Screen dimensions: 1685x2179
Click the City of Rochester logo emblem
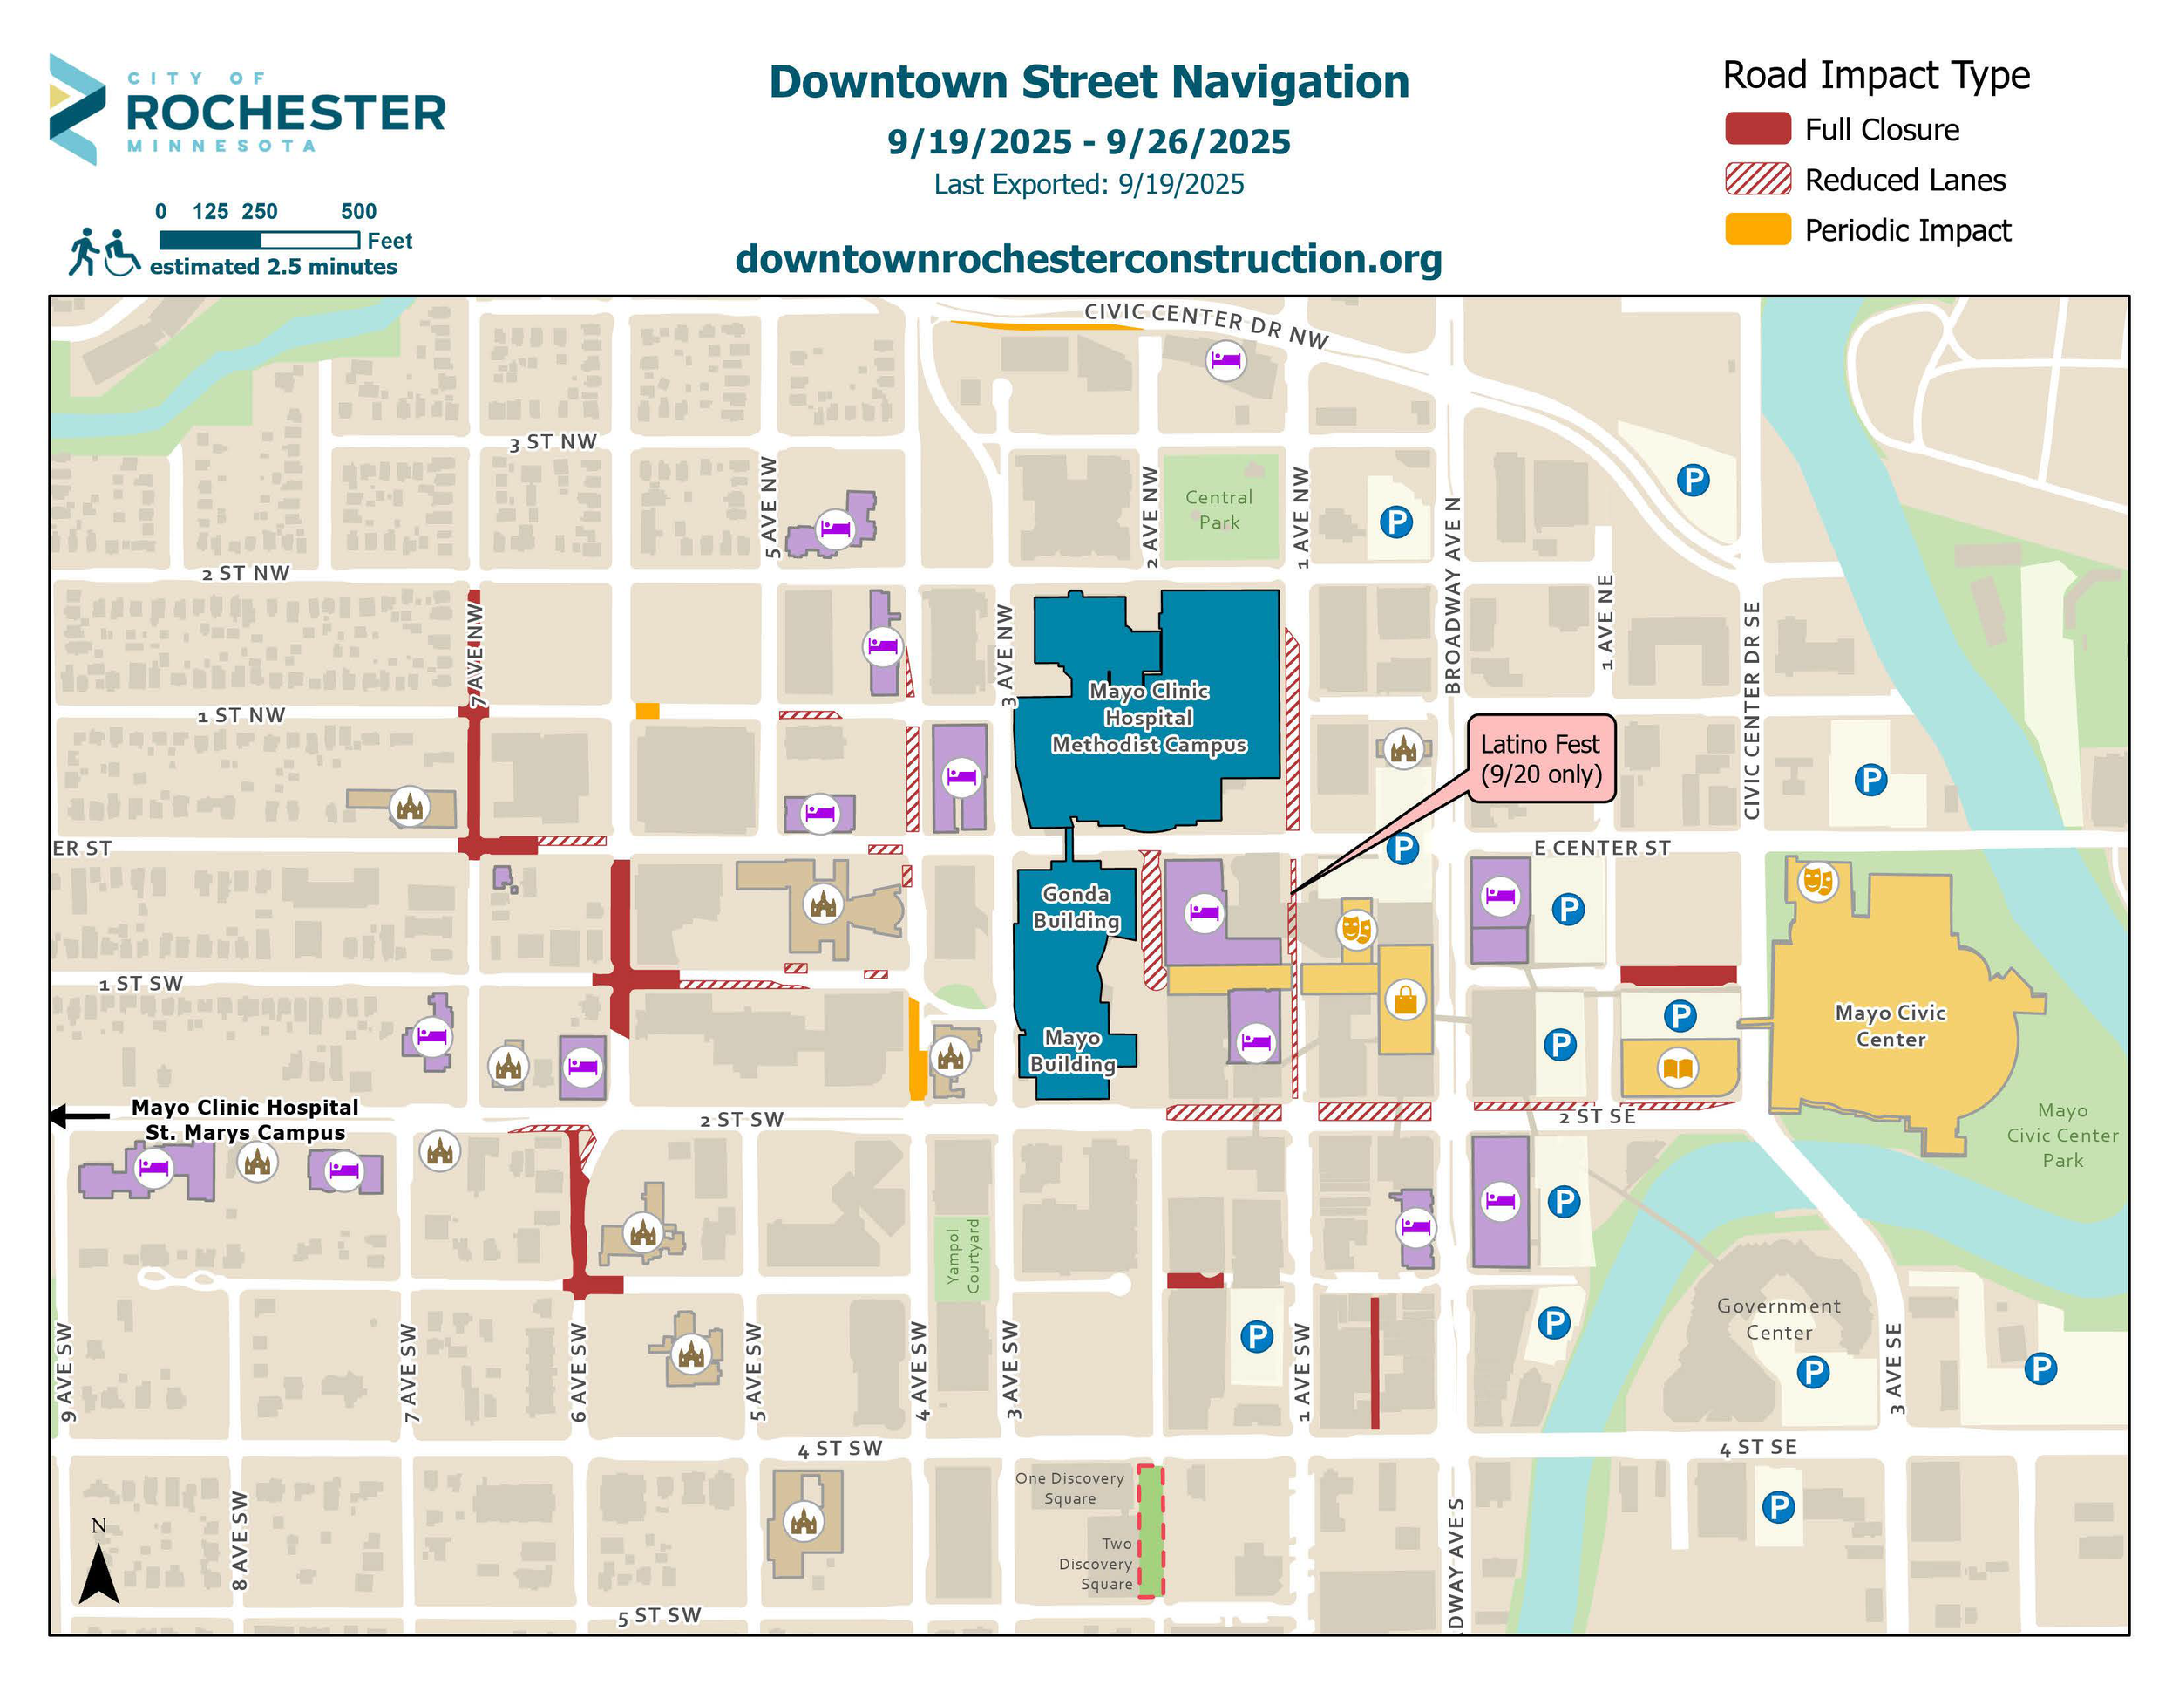[76, 109]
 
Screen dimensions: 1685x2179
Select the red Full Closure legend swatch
[1757, 129]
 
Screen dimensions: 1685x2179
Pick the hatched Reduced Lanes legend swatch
[1757, 180]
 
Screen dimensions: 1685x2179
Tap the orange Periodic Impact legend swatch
[1757, 229]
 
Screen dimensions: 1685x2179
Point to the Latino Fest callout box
[1539, 759]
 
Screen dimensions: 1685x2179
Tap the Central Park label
[1218, 509]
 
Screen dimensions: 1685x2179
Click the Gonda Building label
[1075, 906]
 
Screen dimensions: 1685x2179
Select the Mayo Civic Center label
[1890, 1025]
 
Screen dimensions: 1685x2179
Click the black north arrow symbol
[98, 1573]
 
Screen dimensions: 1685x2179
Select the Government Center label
[1778, 1319]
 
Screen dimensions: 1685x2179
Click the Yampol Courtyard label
[963, 1257]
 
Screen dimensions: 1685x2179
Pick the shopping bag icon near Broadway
[1405, 999]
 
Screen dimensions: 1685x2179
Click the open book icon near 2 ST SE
[1677, 1068]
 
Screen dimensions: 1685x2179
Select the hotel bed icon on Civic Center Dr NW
[1225, 359]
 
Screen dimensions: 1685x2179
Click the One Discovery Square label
[1069, 1487]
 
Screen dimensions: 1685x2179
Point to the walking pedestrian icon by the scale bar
[84, 250]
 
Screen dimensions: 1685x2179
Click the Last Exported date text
[1088, 185]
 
